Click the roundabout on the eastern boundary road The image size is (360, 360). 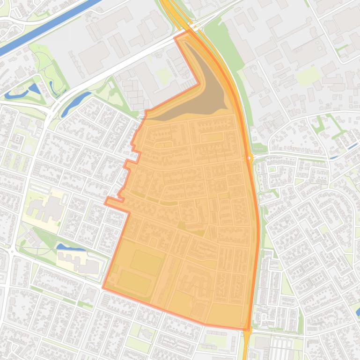[250, 158]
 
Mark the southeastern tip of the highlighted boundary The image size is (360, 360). [247, 330]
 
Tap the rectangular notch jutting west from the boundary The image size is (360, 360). [115, 202]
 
